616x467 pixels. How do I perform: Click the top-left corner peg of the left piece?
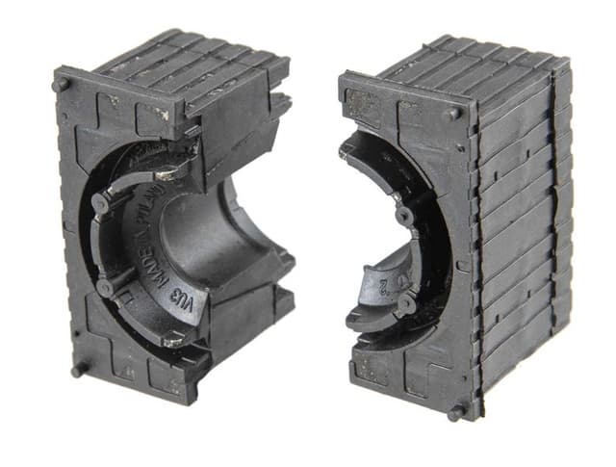coord(63,84)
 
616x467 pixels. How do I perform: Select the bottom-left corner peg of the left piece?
coord(78,369)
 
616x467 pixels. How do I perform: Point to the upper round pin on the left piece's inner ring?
coord(99,203)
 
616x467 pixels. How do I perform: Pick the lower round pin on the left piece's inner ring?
coord(104,286)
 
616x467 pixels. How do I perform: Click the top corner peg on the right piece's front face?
coord(452,113)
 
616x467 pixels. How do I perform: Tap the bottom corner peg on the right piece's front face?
coord(455,411)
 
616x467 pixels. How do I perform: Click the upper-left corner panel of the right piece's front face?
coord(366,101)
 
